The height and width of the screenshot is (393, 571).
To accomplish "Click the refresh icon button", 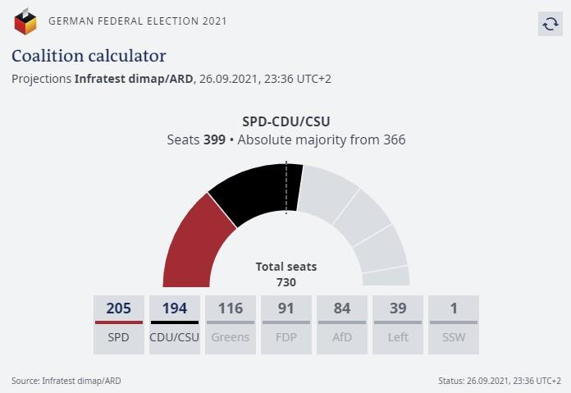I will pos(550,24).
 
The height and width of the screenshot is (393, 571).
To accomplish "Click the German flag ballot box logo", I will pos(25,21).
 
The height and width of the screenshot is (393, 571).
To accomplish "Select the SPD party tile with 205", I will pos(119,324).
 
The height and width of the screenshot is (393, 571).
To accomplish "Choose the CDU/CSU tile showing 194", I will pos(175,324).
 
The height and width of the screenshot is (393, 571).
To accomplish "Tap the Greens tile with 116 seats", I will pos(231,324).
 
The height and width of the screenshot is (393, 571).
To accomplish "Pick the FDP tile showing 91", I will pos(286,324).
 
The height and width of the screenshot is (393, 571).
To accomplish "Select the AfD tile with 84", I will pos(342,324).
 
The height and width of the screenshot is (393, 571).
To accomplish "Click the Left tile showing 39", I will pos(398,324).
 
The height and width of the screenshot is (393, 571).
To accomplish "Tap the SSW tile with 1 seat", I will pos(454,324).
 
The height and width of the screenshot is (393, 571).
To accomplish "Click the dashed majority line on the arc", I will pos(286,189).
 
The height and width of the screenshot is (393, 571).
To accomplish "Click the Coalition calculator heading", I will pos(89,56).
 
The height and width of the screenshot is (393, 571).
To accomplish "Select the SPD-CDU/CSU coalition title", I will pos(286,121).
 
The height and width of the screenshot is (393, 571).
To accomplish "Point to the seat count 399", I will pos(214,140).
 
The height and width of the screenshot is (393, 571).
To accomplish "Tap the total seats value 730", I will pos(286,282).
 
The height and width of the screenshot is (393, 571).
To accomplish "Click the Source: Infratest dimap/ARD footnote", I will pos(66,381).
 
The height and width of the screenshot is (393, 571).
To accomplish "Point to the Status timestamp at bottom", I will pos(500,381).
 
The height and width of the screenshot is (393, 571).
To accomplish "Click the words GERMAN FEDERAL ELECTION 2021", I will pos(138,21).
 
